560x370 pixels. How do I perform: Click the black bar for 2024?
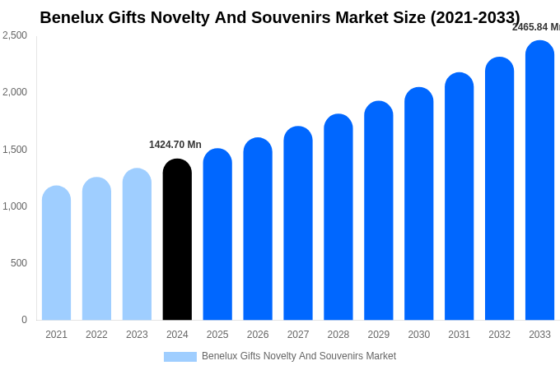[177, 240]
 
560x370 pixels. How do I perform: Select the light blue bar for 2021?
[56, 253]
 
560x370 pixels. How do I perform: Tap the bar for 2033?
[539, 181]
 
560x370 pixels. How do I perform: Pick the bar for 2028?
[338, 217]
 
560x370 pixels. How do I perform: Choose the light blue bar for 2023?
[137, 244]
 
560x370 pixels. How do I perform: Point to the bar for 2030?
[418, 204]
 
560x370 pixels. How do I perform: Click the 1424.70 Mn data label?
[175, 145]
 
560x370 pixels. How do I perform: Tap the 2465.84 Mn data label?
[535, 27]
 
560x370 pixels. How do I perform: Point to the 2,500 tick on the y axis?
[15, 35]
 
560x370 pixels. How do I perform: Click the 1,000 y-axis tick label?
[15, 206]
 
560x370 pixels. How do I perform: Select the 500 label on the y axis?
[18, 263]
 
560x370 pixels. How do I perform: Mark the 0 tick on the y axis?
[24, 320]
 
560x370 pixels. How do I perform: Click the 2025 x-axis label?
[217, 335]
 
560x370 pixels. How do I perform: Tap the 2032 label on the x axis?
[499, 335]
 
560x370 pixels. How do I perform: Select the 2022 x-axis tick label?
[96, 335]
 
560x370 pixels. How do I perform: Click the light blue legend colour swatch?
[180, 357]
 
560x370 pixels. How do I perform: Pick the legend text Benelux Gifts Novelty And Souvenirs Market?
[299, 356]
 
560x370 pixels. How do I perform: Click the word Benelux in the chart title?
[72, 17]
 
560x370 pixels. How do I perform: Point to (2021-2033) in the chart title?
[475, 17]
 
